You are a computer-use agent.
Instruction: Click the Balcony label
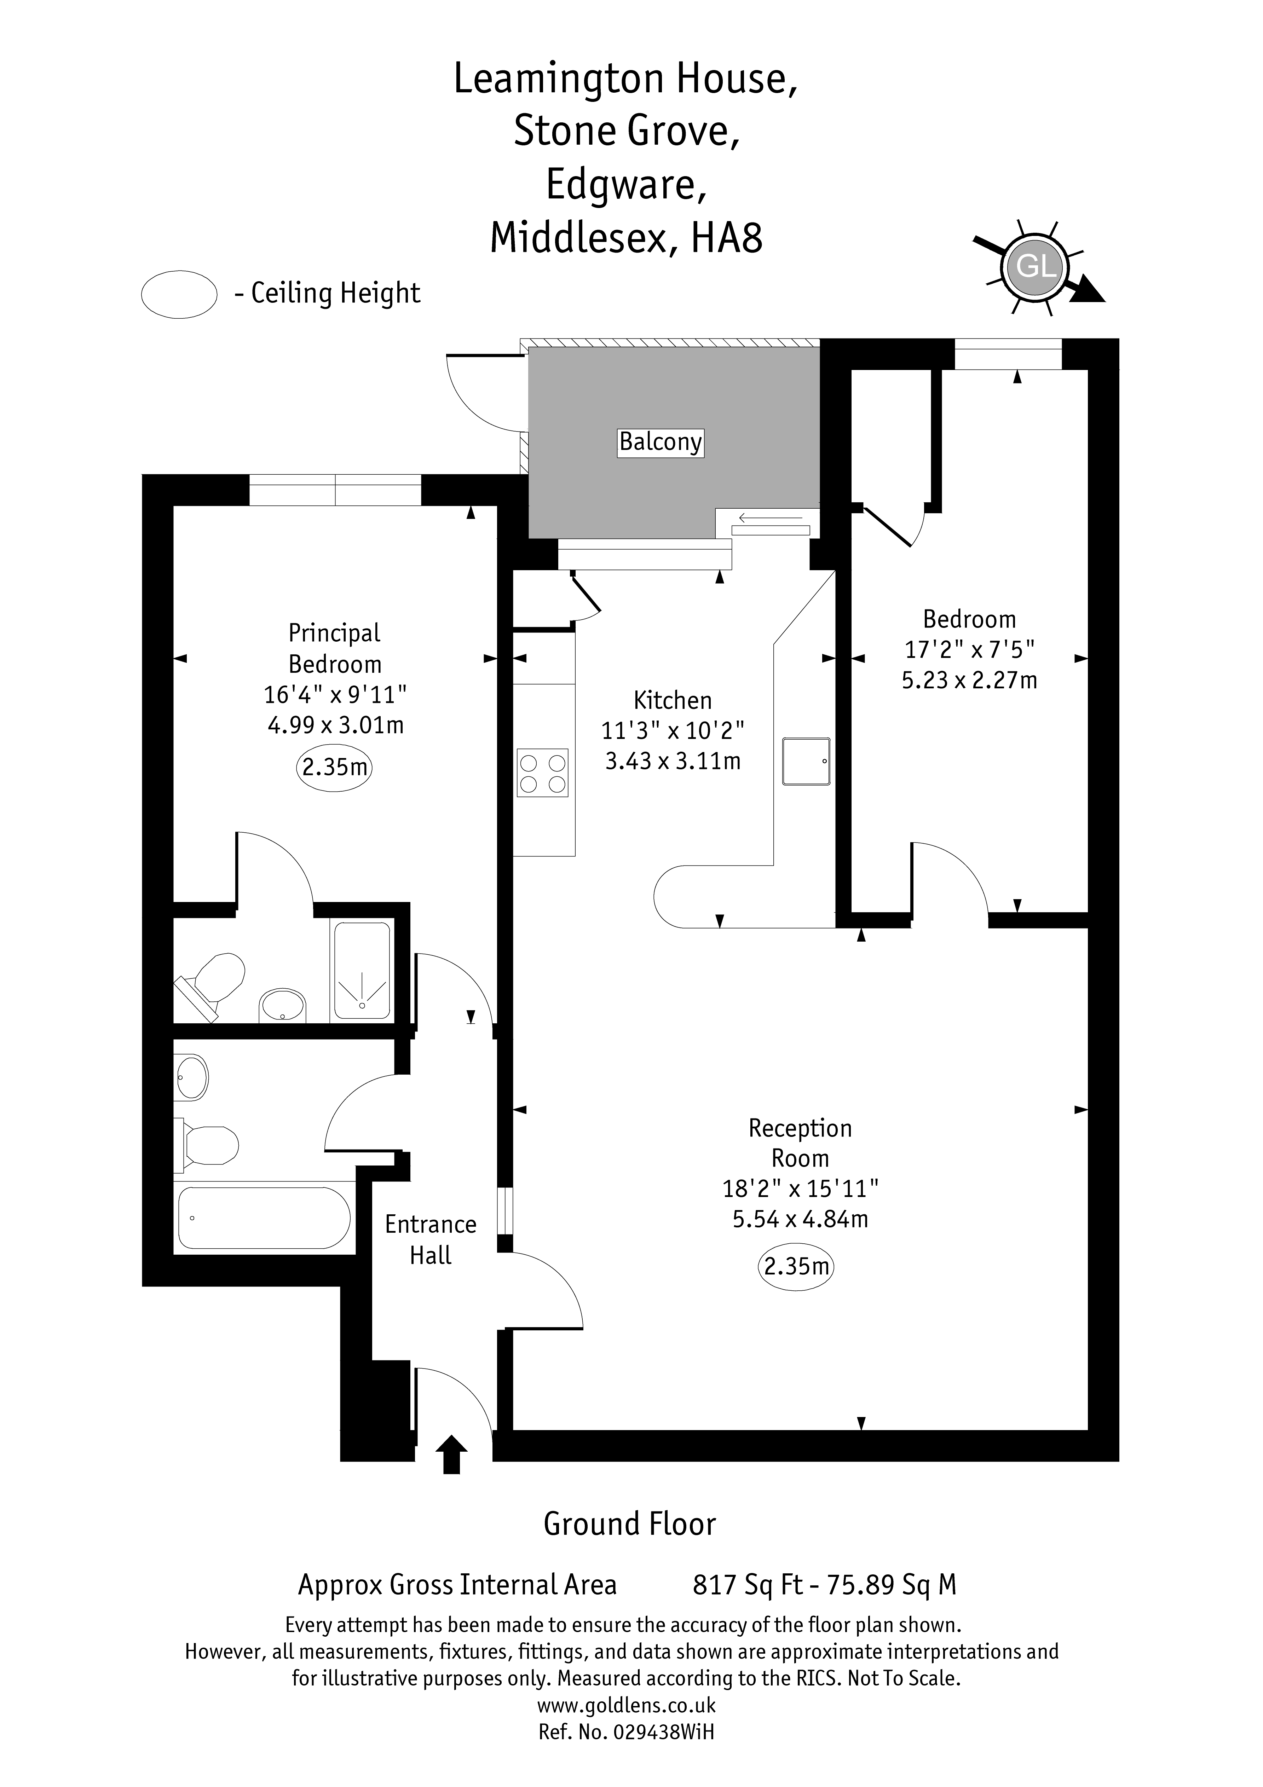tap(660, 442)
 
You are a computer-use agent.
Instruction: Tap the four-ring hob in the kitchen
tap(543, 773)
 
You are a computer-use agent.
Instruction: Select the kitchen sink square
tap(806, 761)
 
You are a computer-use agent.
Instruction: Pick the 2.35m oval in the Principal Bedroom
tap(334, 768)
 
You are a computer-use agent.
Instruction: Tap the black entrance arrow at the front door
tap(451, 1454)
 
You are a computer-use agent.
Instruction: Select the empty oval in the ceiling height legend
tap(179, 294)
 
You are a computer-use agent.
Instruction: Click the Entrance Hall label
tap(431, 1240)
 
